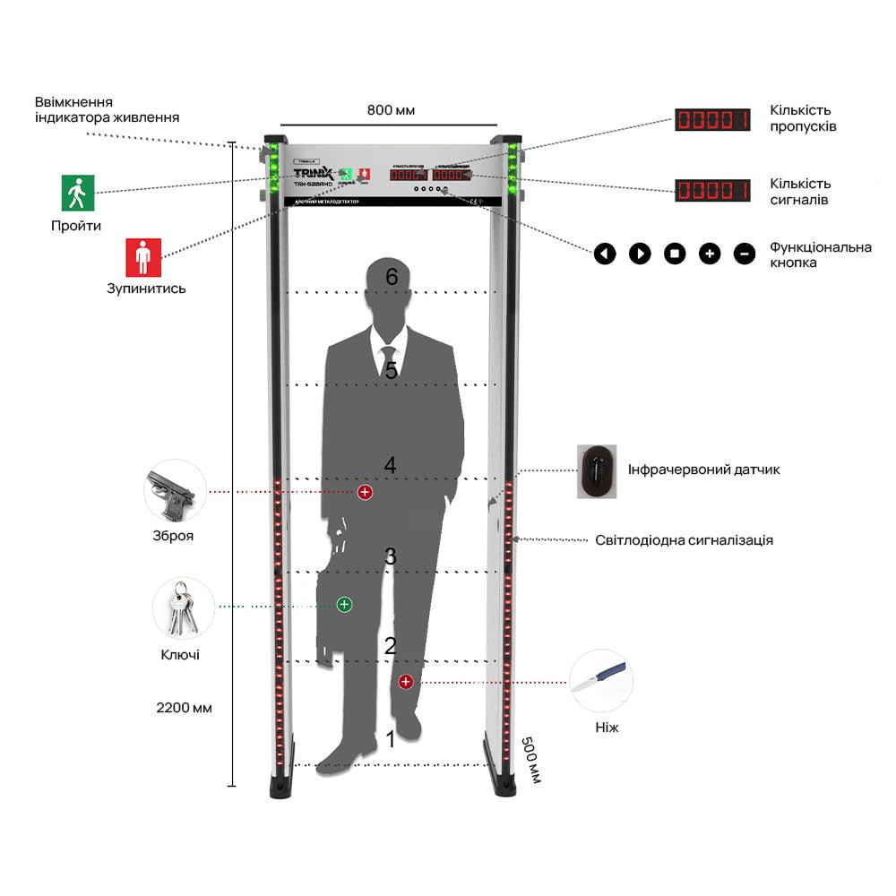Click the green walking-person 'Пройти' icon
point(78,193)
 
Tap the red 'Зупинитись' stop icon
point(142,256)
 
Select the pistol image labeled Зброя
point(172,491)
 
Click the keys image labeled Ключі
point(182,607)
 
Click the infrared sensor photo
point(597,471)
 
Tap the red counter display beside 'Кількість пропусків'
point(712,119)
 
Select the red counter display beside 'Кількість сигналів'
point(712,190)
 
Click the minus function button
point(745,254)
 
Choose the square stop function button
point(675,254)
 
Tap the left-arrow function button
point(606,254)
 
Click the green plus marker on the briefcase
point(344,605)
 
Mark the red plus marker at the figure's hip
point(365,492)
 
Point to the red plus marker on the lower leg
point(406,682)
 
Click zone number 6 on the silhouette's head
point(391,277)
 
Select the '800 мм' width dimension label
point(391,110)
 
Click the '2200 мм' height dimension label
point(184,708)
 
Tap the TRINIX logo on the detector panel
point(314,172)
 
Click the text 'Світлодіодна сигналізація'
point(684,540)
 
